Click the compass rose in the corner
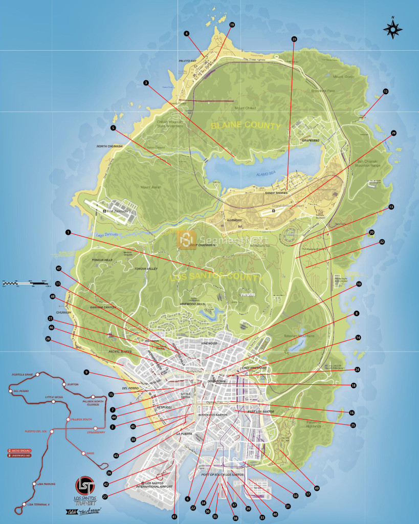click(x=392, y=29)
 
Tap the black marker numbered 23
click(x=294, y=39)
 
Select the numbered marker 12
click(x=386, y=92)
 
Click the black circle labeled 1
click(x=68, y=232)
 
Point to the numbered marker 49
click(x=317, y=488)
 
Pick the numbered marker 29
click(x=393, y=133)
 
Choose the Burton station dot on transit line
click(x=63, y=384)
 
